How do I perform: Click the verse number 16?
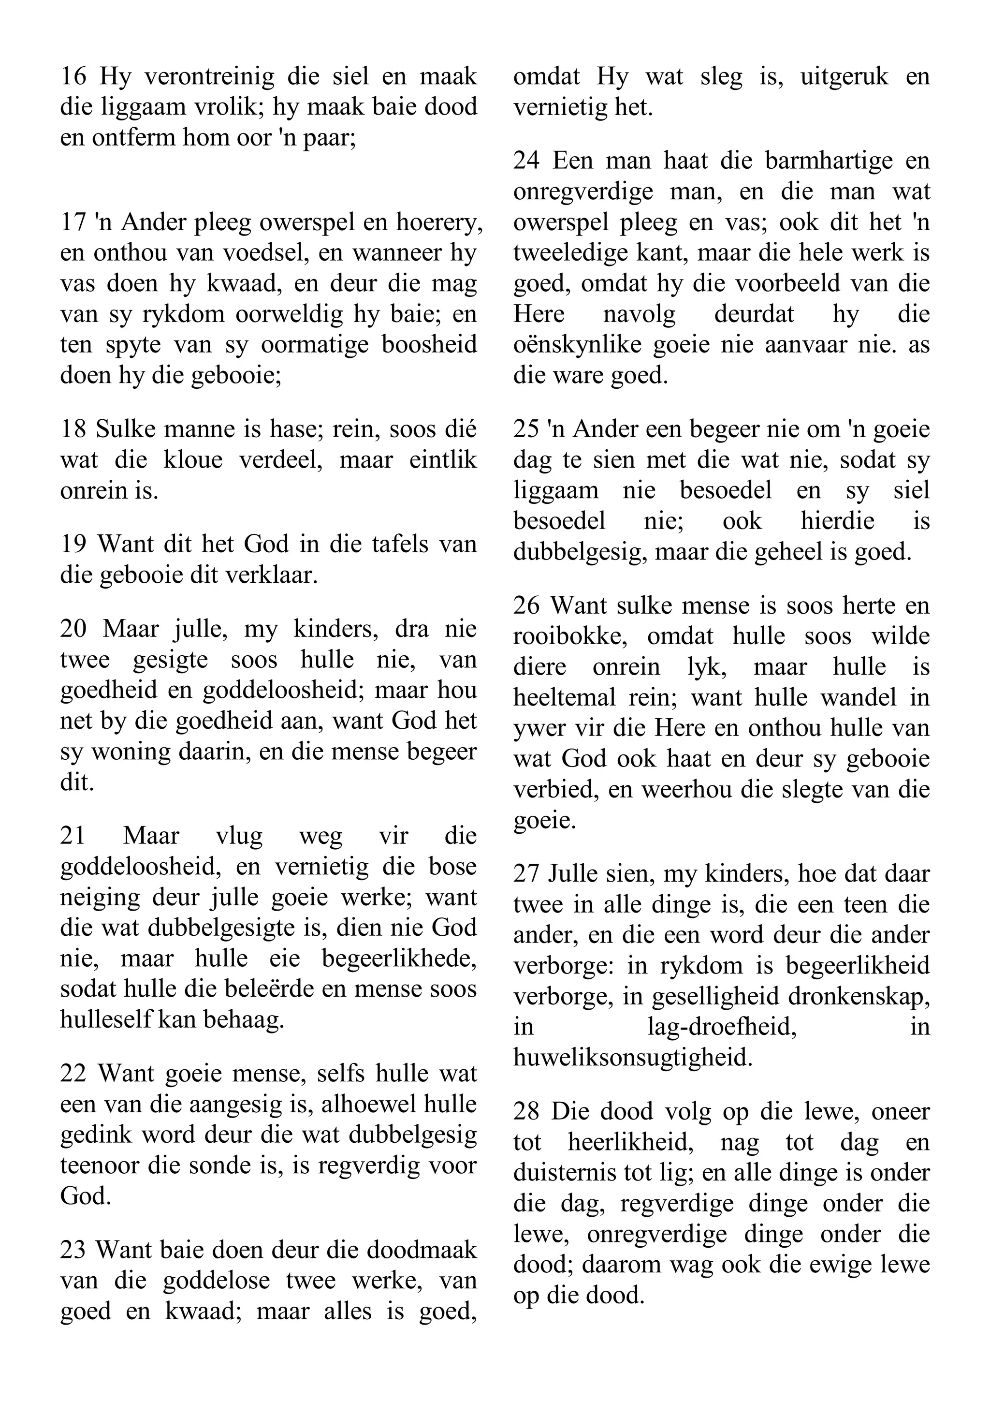(73, 77)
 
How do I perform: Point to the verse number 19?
(73, 544)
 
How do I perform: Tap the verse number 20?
(73, 629)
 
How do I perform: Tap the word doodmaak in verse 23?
(422, 1250)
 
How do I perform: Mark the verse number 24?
(526, 161)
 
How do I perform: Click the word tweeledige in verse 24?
(570, 252)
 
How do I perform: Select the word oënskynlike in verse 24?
(579, 345)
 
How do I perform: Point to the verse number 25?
(526, 429)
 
